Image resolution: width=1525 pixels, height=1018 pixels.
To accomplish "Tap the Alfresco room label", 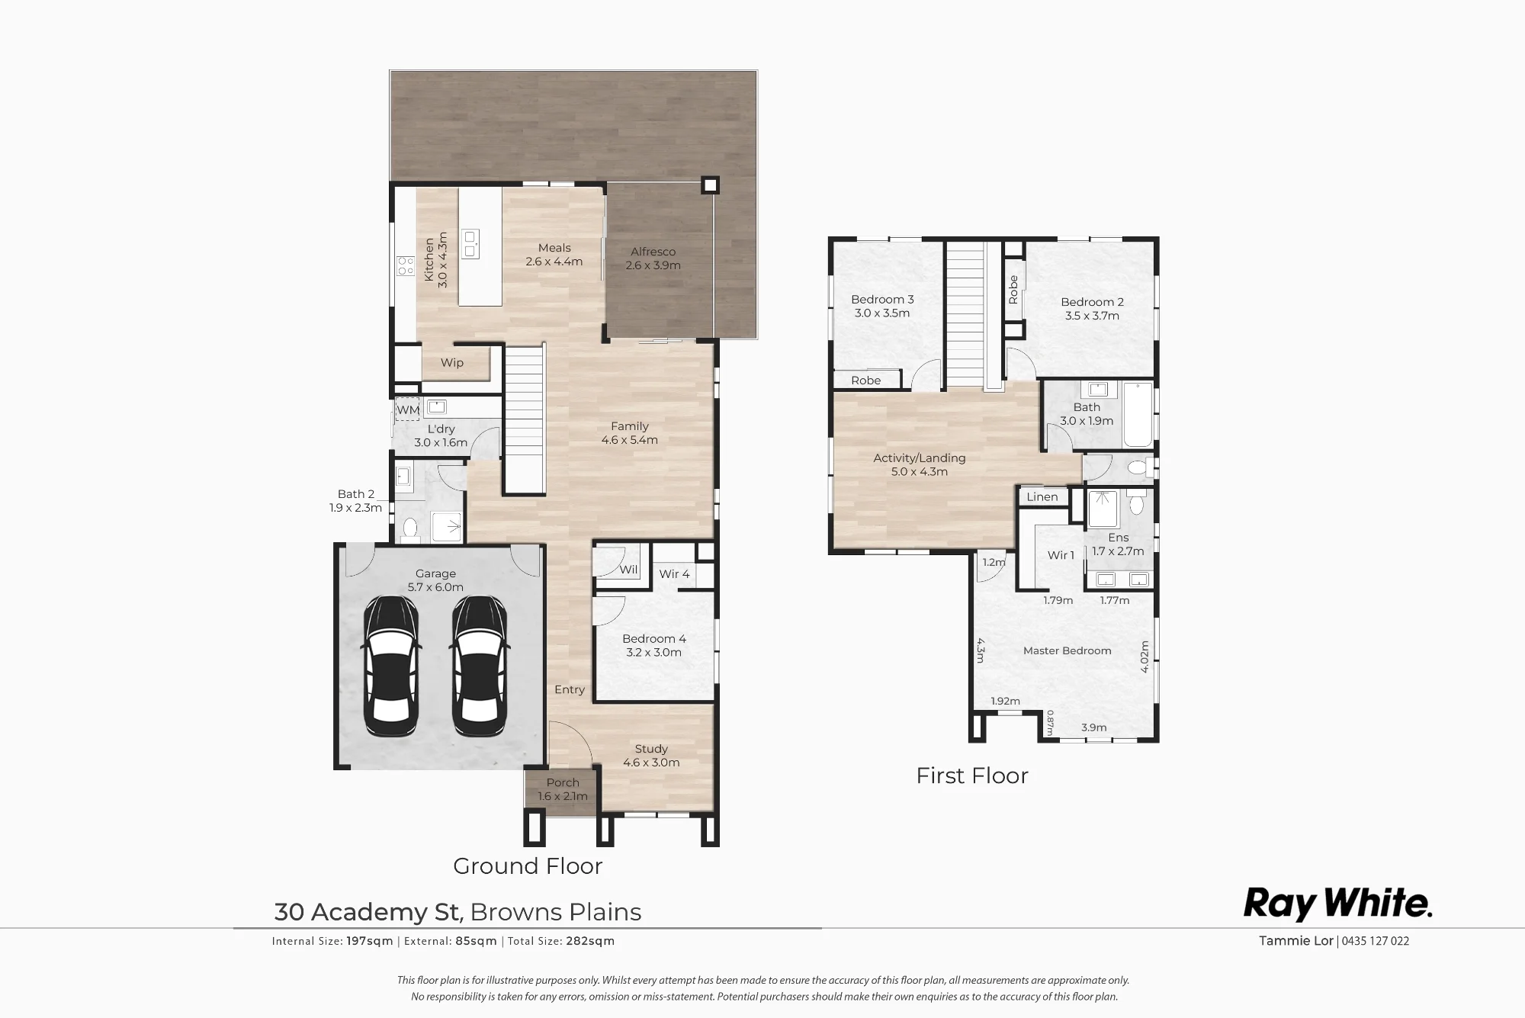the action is [x=653, y=252].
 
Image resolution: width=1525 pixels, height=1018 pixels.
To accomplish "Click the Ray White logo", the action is [x=1338, y=904].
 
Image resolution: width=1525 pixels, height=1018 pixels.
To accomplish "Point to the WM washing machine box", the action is [x=408, y=409].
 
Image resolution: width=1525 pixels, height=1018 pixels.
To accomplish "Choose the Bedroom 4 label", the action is [x=654, y=639].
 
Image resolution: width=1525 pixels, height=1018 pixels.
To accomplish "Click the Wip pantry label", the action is [x=452, y=363].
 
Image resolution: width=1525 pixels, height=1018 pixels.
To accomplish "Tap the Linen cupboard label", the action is [x=1042, y=497].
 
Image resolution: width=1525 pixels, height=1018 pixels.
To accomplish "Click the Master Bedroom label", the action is [x=1067, y=650].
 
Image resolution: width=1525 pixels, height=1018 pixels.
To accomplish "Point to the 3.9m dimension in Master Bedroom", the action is [x=1094, y=727].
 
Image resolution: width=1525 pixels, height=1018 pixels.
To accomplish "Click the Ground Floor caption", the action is [x=528, y=866].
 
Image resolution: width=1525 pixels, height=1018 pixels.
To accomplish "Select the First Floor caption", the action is [x=972, y=776].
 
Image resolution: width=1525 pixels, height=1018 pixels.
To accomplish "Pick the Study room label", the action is [x=651, y=750].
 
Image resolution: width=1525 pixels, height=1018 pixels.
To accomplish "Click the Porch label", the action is [x=563, y=782].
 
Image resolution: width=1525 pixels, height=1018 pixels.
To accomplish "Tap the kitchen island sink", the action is [x=470, y=243].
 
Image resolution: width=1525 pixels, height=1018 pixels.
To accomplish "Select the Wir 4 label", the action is [x=674, y=574].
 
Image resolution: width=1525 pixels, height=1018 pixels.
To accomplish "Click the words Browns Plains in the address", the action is [x=556, y=912].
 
